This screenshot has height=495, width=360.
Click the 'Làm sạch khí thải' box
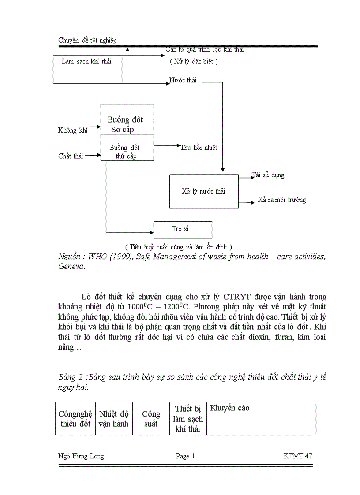click(x=87, y=69)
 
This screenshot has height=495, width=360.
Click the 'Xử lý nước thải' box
click(x=203, y=191)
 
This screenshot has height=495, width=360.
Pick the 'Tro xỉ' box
click(x=182, y=229)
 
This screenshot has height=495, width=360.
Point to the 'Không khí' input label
click(x=73, y=130)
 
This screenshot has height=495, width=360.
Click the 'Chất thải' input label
click(x=71, y=156)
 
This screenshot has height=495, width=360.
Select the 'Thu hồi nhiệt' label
click(x=199, y=148)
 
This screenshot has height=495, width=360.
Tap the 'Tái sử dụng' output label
click(x=268, y=175)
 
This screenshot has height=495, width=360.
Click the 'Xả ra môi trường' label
click(x=281, y=200)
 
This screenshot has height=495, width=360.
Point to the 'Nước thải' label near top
click(x=183, y=81)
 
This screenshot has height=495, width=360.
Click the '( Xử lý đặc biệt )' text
click(x=194, y=62)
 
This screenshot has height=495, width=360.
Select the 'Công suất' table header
click(x=151, y=419)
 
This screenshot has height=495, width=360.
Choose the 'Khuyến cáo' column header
click(x=229, y=408)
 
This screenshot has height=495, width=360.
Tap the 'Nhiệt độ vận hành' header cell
click(x=114, y=419)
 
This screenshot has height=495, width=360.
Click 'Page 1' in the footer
click(x=185, y=456)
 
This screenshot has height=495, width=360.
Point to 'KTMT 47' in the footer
click(x=297, y=456)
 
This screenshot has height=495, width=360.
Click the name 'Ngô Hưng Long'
click(x=81, y=456)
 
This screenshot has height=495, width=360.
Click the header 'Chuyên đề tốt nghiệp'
click(x=87, y=41)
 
